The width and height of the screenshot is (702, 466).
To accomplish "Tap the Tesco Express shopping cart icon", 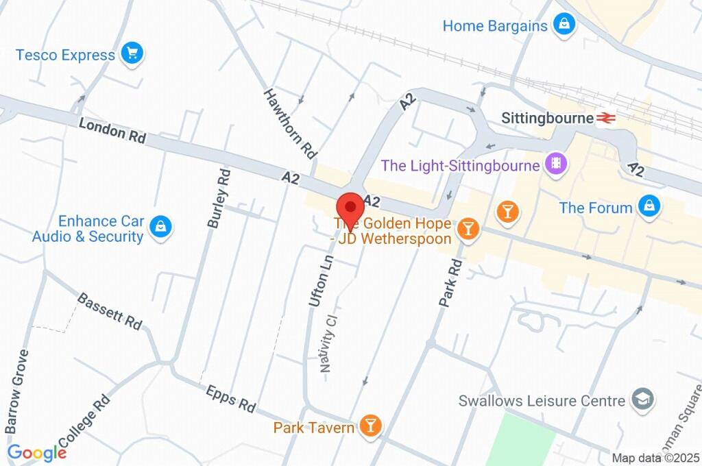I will coord(131,53).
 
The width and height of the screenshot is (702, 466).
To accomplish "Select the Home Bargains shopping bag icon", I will coord(564,25).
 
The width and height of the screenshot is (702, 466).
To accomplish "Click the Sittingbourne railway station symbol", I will coord(605,118).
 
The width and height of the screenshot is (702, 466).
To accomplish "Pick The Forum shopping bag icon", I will coord(648,206).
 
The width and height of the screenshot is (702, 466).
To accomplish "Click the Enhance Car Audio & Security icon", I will coord(160,228).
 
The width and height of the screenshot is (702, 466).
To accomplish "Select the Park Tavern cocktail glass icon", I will coord(370,426).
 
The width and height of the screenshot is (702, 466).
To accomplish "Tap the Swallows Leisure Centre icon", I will coord(643,400).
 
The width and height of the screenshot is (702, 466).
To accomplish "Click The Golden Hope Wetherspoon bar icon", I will coord(468,230).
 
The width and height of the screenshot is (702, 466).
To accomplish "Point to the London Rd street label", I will coord(112,130).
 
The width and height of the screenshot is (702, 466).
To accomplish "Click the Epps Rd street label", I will coord(230,397).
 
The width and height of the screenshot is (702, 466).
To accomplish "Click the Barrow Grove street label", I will coord(18,391).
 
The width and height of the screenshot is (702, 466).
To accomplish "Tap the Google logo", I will coord(36,453).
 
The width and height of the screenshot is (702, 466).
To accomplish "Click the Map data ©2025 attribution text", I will coord(655,458).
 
